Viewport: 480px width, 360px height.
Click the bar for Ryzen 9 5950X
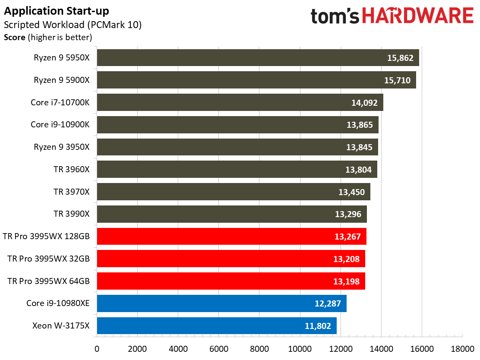(258, 57)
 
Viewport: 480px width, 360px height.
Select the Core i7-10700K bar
(240, 102)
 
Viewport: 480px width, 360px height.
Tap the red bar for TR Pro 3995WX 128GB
(232, 236)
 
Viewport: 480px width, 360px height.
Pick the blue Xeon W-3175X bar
(217, 326)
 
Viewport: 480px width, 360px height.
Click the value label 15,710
(398, 80)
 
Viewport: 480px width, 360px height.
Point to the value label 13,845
(359, 147)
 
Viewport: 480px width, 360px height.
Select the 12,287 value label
(328, 303)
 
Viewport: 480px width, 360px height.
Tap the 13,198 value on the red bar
(346, 281)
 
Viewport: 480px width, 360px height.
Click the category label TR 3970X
(72, 192)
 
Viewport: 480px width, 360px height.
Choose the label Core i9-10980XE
(58, 303)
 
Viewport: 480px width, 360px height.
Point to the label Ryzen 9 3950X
(62, 147)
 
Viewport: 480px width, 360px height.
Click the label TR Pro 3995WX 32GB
(48, 259)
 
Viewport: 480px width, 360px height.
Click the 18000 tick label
(462, 349)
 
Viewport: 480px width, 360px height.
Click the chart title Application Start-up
(56, 11)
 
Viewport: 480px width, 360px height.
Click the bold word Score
(14, 38)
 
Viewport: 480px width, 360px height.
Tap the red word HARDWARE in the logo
(418, 16)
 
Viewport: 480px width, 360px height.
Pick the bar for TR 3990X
(232, 214)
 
